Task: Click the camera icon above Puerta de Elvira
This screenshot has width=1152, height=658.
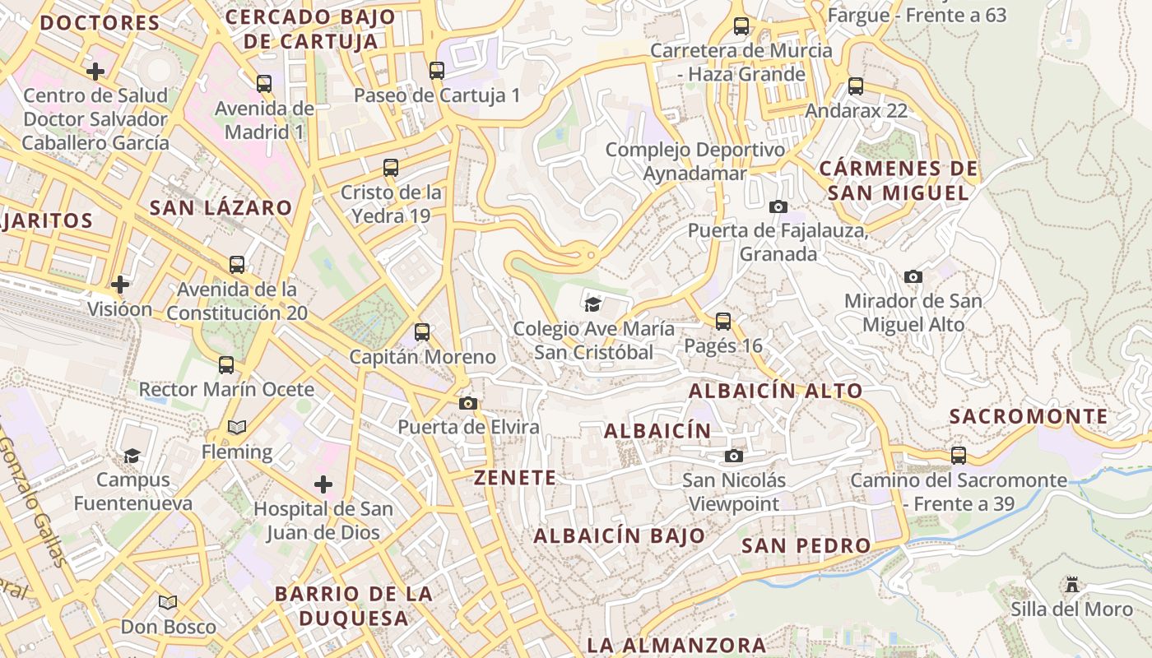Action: pyautogui.click(x=468, y=403)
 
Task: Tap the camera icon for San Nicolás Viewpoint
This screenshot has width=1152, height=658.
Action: pyautogui.click(x=734, y=456)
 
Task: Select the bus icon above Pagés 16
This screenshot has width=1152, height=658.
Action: pyautogui.click(x=723, y=322)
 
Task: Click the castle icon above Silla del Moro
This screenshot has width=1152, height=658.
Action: pyautogui.click(x=1071, y=585)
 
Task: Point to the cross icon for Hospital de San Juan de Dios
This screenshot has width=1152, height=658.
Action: pyautogui.click(x=323, y=484)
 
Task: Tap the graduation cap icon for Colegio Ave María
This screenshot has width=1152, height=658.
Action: pyautogui.click(x=592, y=304)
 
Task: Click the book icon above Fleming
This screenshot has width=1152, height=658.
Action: pyautogui.click(x=237, y=427)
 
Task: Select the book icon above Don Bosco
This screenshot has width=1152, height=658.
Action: pyautogui.click(x=168, y=602)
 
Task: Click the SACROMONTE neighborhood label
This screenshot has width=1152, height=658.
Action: pyautogui.click(x=1029, y=417)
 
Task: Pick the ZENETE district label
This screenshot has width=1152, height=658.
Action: pyautogui.click(x=515, y=478)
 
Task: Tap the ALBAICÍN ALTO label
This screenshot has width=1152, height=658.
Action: pyautogui.click(x=775, y=391)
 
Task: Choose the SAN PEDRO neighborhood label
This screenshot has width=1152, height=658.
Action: pyautogui.click(x=806, y=546)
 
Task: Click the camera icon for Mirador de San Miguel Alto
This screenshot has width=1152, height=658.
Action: pyautogui.click(x=913, y=276)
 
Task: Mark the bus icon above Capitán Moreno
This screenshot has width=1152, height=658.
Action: pyautogui.click(x=422, y=332)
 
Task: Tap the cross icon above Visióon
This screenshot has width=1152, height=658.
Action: pyautogui.click(x=120, y=285)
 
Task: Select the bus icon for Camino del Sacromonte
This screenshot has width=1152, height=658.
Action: pyautogui.click(x=959, y=455)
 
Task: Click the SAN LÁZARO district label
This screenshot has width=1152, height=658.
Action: pyautogui.click(x=221, y=208)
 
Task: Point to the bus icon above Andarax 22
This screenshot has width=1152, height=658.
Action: pyautogui.click(x=856, y=86)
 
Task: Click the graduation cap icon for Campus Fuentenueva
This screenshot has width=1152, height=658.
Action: pyautogui.click(x=132, y=455)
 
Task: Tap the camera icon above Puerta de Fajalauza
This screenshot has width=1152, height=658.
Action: pyautogui.click(x=778, y=206)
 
